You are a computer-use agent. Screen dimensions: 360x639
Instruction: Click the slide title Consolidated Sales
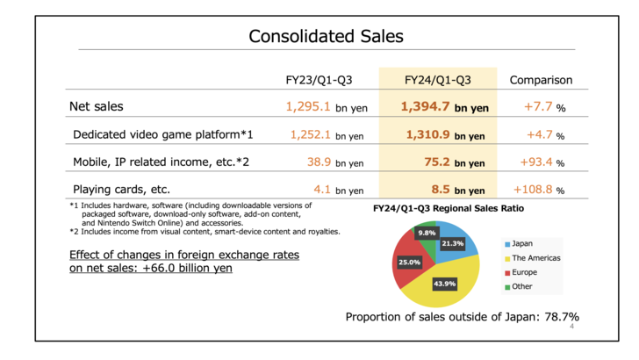point(326,36)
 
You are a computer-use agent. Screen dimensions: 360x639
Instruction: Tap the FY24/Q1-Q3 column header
point(437,80)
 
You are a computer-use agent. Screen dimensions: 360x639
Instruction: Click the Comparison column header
point(541,80)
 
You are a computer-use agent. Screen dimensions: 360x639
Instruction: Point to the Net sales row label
point(97,107)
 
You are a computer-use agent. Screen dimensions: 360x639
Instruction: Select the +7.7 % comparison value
point(542,107)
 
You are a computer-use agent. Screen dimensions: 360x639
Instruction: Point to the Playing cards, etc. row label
point(121,189)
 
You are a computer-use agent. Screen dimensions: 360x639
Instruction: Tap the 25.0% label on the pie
point(409,262)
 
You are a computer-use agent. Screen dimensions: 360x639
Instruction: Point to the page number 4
point(571,327)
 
